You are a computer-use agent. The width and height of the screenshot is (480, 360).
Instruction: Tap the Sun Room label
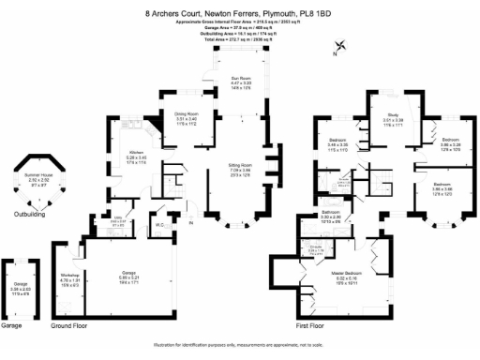[x=241, y=78]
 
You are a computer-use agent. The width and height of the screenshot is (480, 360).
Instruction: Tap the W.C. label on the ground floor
[x=159, y=222]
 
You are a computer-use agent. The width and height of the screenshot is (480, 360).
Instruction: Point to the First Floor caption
[x=311, y=325]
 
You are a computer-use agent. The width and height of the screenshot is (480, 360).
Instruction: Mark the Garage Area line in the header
[x=239, y=27]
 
